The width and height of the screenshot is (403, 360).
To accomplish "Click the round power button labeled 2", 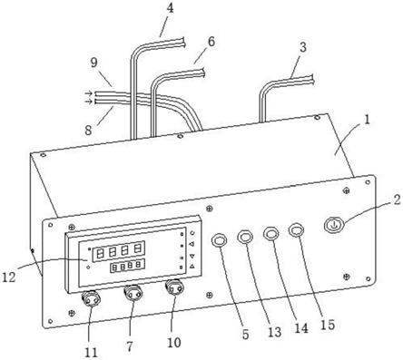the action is click(x=333, y=225).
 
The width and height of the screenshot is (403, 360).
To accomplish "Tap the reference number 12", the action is click(x=9, y=277).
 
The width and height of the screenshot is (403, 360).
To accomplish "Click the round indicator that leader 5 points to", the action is click(x=219, y=240).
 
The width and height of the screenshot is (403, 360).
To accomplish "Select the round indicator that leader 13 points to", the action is click(x=245, y=237).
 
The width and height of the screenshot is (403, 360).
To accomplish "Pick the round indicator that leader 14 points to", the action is click(x=271, y=234).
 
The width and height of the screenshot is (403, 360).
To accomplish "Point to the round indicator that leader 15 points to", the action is click(x=297, y=230).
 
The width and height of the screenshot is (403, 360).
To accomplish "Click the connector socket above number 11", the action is click(x=91, y=299).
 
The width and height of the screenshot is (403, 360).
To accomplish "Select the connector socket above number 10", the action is click(x=174, y=287).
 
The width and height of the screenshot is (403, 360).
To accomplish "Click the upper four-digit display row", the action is click(x=119, y=251).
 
